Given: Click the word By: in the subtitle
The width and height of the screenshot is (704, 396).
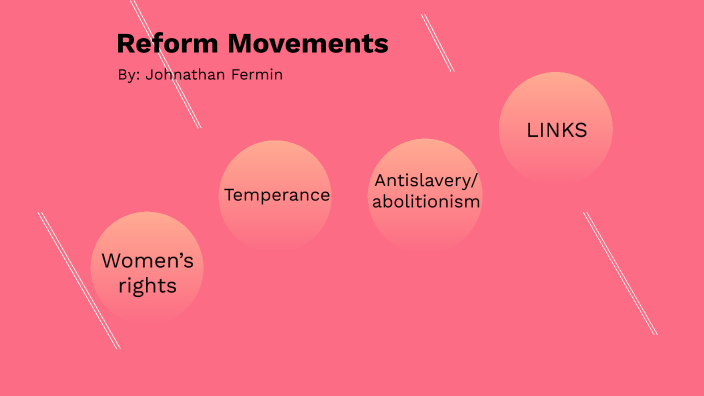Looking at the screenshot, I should coord(128,75).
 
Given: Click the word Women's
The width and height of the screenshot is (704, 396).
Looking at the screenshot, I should coord(148,262).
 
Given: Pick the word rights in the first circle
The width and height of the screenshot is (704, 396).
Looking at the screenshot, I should coord(148,286).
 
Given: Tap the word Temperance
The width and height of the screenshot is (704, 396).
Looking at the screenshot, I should coord(277,195).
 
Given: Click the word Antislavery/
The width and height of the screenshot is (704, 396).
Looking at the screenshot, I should coord(426,180).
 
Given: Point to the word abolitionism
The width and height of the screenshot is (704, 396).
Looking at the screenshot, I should coord(426,202).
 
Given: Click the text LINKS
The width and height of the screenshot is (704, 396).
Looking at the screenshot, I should coord(556,130).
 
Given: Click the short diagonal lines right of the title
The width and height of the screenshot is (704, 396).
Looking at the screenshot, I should coord(438,43).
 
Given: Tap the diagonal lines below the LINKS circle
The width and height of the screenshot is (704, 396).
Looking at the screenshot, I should coord(620,272).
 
